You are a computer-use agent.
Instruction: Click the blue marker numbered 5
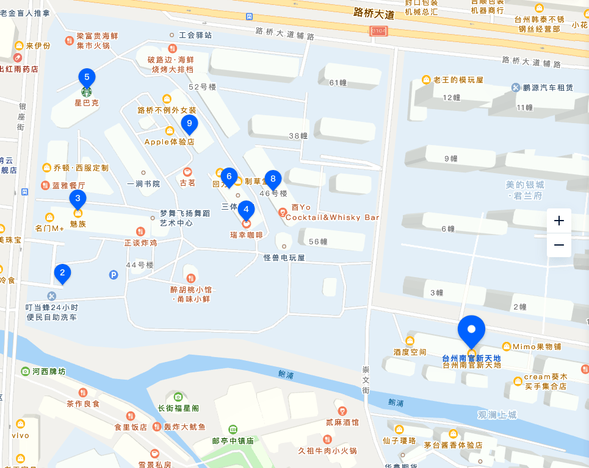coord(87,78)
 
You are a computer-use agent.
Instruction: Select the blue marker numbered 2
coord(62,274)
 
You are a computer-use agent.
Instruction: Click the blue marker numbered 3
coord(78,199)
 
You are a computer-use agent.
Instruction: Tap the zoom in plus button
coord(558,221)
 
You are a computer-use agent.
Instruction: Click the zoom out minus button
coord(558,245)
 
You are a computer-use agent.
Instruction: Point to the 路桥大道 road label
coord(374,13)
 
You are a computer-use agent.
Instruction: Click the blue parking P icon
coord(114,275)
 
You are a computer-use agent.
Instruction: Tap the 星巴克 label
coord(87,103)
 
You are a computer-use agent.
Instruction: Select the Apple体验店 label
coord(169,141)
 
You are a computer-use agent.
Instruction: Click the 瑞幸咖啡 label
coord(246,235)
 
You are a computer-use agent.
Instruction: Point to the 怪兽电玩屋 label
coord(284,257)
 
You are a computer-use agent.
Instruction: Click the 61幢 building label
coord(338,83)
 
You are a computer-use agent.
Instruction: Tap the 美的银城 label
coord(524,185)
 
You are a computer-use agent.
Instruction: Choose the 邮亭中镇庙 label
coord(233,441)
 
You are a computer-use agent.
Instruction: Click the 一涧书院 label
coord(143,183)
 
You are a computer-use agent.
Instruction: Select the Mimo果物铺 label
coord(537,346)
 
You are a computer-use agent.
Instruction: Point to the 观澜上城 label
coord(497,415)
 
